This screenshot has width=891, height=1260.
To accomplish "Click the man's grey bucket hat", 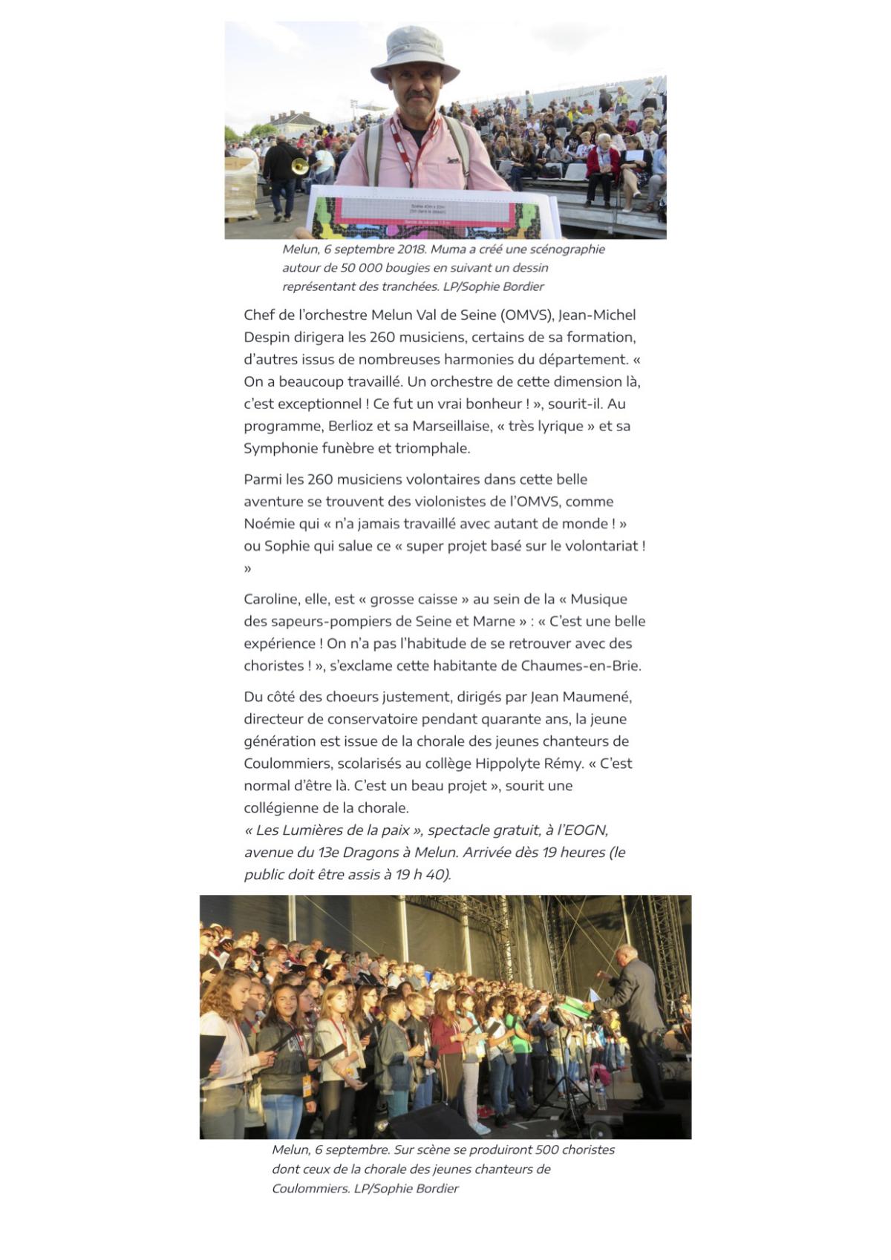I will (x=414, y=53).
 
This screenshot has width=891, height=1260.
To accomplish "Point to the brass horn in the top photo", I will (x=299, y=166).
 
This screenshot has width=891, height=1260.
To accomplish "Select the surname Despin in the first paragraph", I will (x=267, y=337).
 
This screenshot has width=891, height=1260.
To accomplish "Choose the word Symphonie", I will (x=278, y=448).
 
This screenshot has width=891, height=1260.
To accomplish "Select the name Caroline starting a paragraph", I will (x=270, y=600).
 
